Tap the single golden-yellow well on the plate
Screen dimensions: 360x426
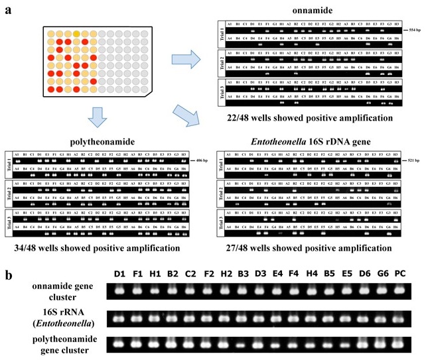click(78, 34)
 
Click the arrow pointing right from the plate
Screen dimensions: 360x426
click(184, 60)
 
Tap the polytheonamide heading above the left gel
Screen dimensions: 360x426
click(96, 141)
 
